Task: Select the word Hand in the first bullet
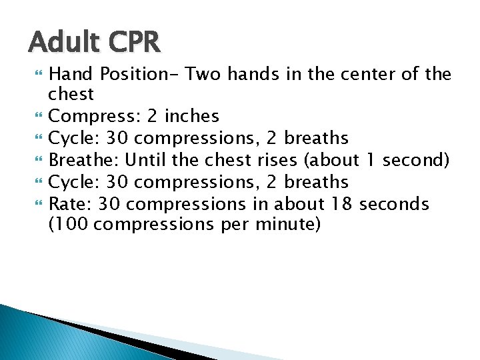pyautogui.click(x=71, y=73)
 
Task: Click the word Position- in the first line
pyautogui.click(x=139, y=73)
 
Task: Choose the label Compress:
pyautogui.click(x=92, y=116)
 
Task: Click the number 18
pyautogui.click(x=333, y=203)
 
